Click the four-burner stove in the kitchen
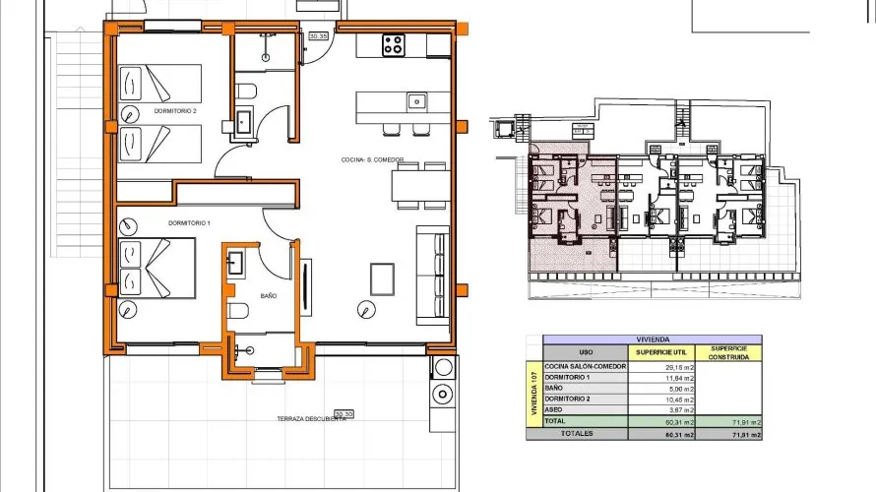394,44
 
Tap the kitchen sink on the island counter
416,100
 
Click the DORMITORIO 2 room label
175,112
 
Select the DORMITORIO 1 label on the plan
190,223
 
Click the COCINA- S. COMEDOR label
364,159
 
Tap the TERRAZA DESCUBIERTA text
310,419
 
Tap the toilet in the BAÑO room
237,311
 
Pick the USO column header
586,351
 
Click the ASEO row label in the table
557,410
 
